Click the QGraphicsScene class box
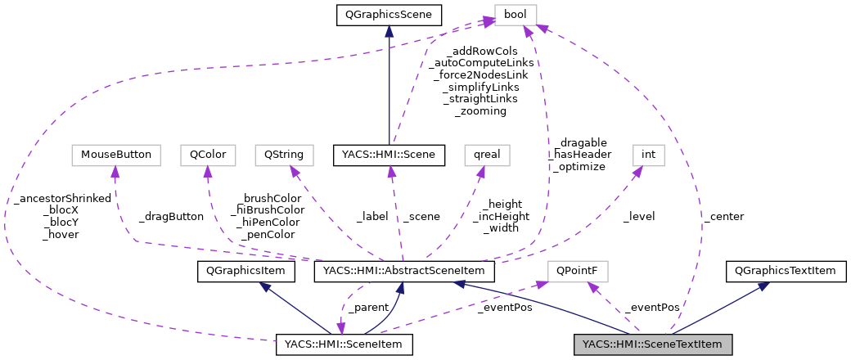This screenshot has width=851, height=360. [x=389, y=14]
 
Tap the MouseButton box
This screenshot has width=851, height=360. [x=114, y=154]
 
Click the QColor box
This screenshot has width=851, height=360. [x=208, y=154]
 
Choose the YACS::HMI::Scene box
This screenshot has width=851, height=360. [x=389, y=154]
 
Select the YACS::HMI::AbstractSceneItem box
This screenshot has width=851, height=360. [x=399, y=270]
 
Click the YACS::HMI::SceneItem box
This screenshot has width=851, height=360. [x=344, y=344]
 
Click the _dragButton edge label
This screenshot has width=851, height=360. [x=170, y=217]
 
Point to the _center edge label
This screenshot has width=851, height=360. [x=723, y=217]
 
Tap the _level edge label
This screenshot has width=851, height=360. [x=638, y=217]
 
